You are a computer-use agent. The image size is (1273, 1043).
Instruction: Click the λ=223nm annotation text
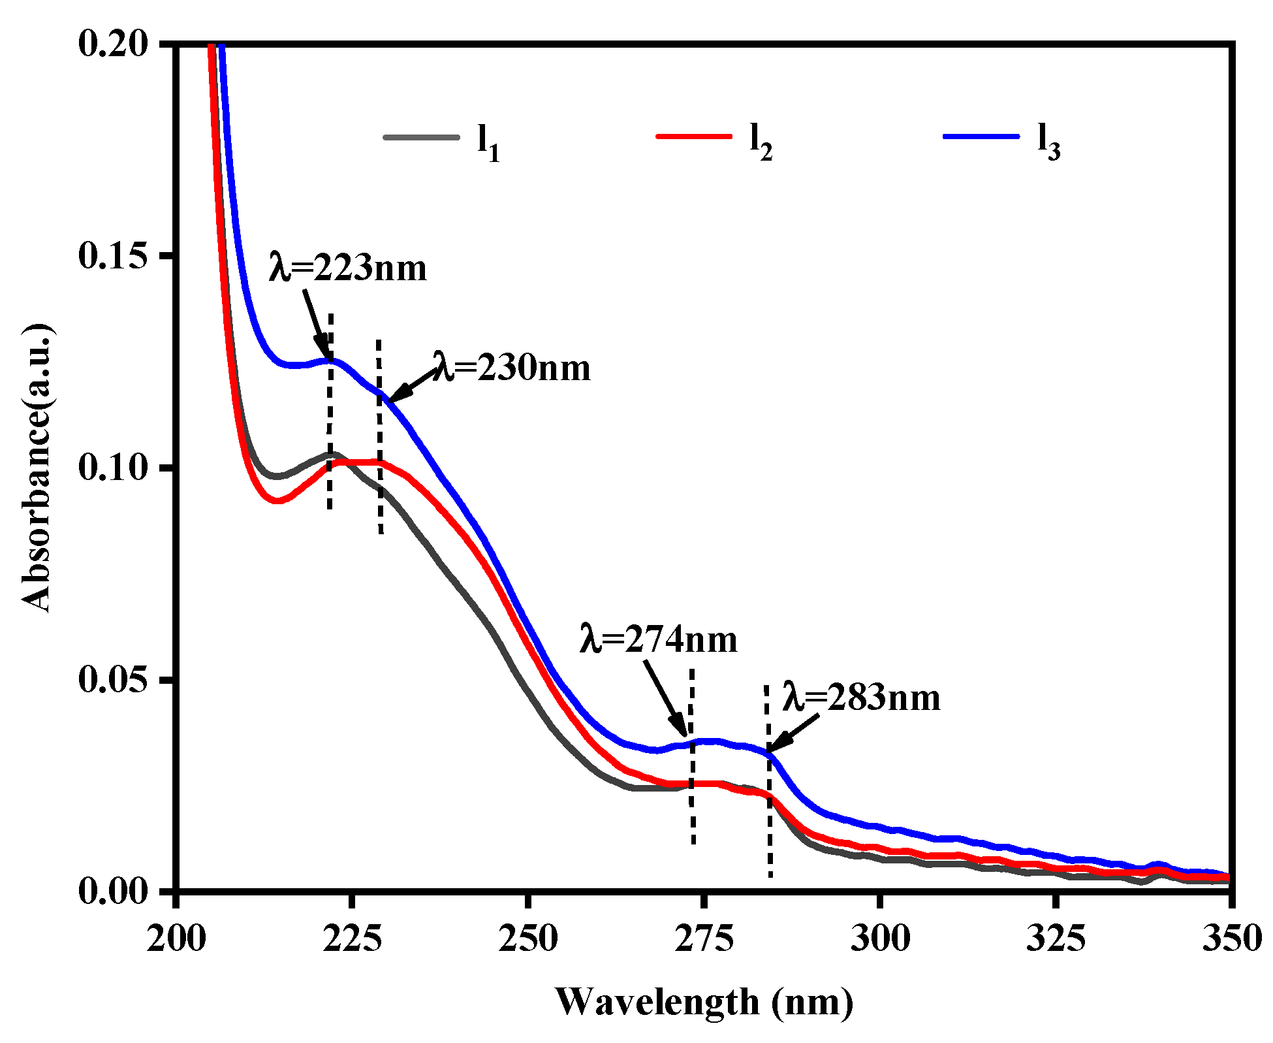tap(347, 268)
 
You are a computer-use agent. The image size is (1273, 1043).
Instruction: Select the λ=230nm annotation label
tap(512, 368)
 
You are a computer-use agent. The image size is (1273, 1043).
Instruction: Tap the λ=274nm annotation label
tap(658, 639)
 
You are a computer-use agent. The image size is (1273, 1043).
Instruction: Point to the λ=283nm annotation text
tap(862, 698)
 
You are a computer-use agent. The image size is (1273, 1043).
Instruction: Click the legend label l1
tap(488, 143)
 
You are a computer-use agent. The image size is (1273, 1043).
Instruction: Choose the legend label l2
tap(761, 142)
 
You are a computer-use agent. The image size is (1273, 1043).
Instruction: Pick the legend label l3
tap(1049, 142)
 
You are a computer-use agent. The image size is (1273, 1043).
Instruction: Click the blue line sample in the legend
tap(981, 136)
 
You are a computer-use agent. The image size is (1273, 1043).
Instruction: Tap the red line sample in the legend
tap(693, 136)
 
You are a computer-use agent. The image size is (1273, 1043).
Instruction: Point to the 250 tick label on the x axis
tap(527, 939)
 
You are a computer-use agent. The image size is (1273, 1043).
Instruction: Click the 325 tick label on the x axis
tap(1056, 939)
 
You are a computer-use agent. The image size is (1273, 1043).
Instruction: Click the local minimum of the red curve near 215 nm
tap(277, 500)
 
